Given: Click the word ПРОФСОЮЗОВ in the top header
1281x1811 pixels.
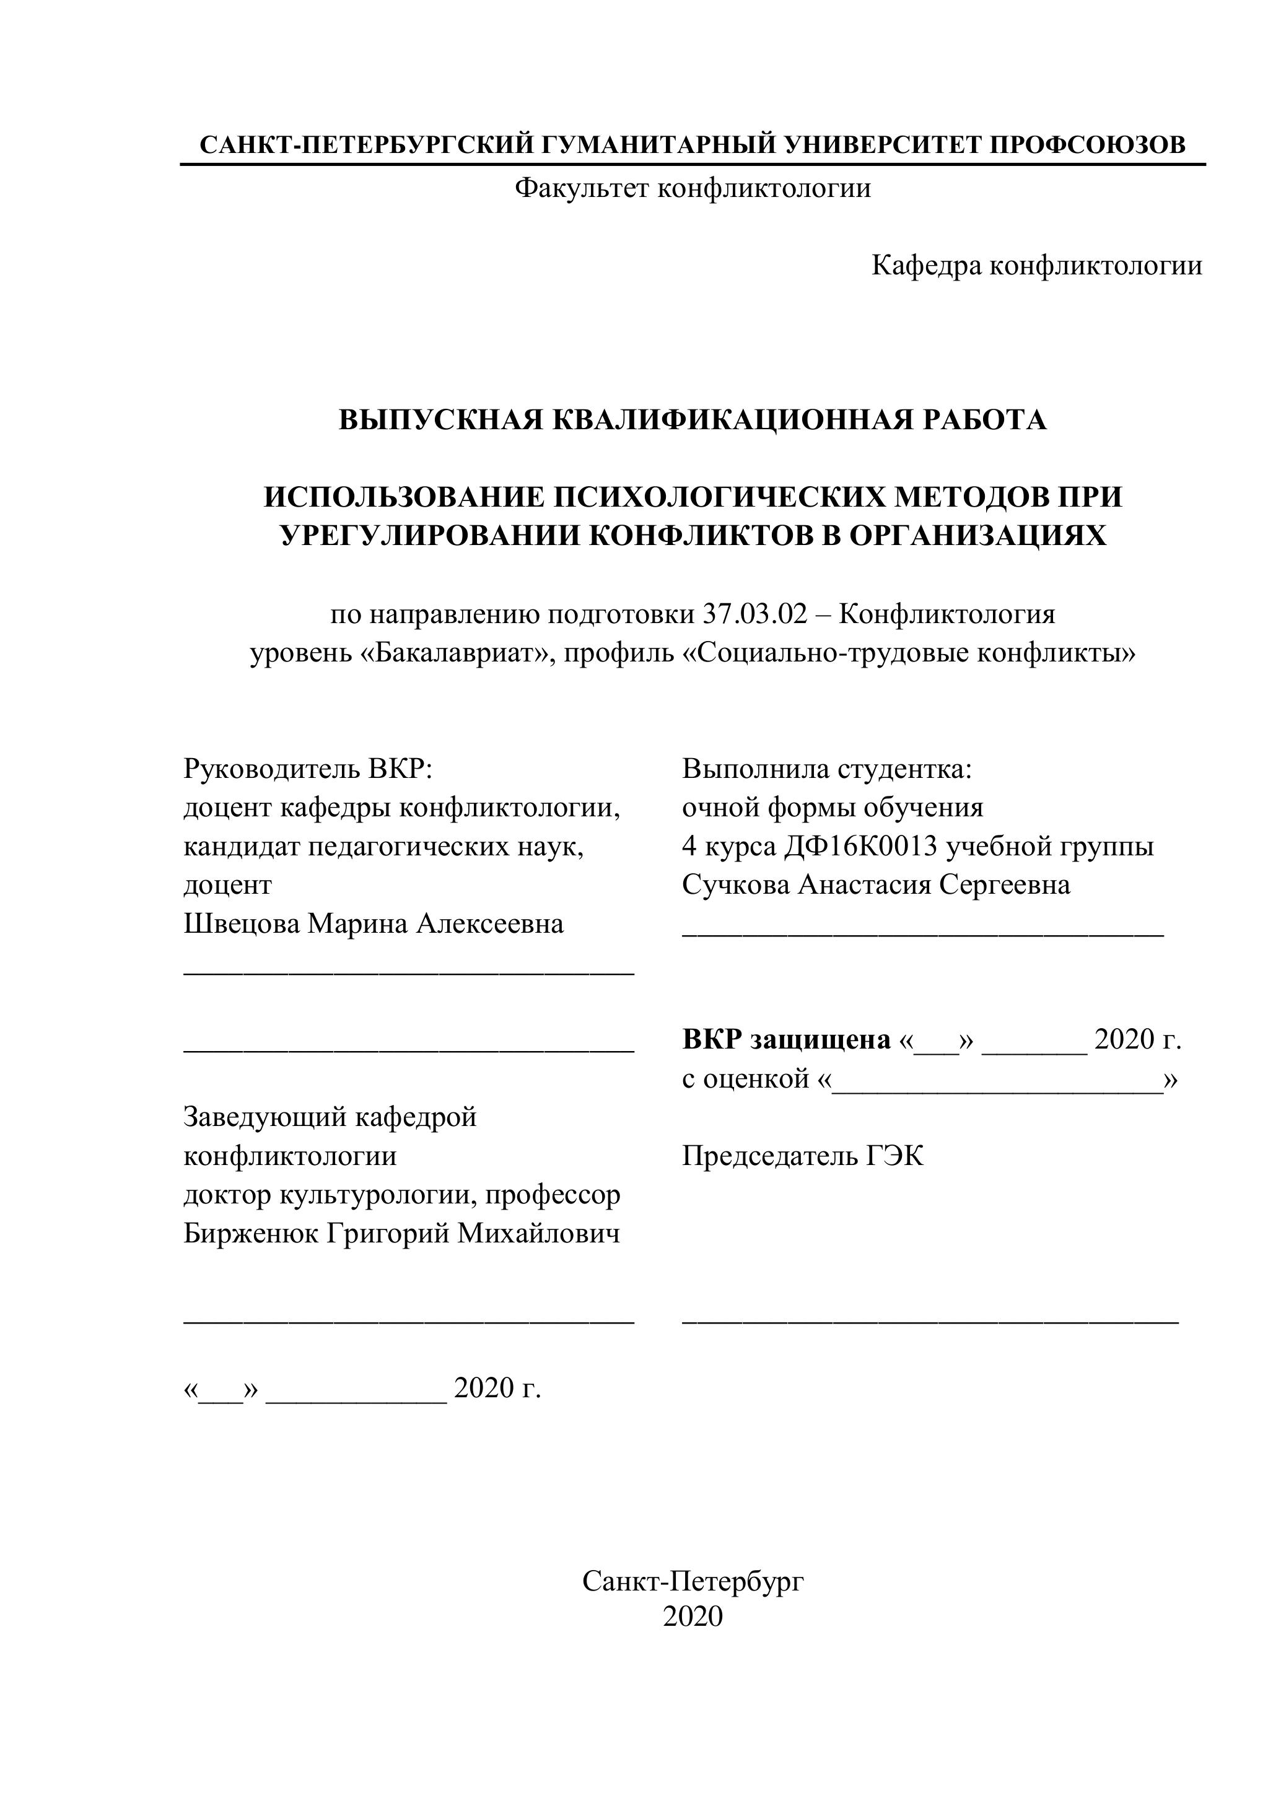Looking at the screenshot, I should click(x=1087, y=145).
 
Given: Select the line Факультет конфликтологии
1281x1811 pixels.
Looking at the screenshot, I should click(x=693, y=188).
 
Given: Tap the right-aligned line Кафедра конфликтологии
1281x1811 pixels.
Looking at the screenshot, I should click(x=1036, y=266).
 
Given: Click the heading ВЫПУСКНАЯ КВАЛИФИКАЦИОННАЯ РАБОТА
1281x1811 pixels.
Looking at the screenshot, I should click(x=693, y=420).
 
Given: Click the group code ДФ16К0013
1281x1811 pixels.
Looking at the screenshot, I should click(x=860, y=845).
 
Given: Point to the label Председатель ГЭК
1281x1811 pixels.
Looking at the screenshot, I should click(x=803, y=1156).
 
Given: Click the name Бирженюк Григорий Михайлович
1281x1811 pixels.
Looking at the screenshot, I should click(x=401, y=1233).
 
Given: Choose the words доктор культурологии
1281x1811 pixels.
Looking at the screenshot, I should click(x=327, y=1195).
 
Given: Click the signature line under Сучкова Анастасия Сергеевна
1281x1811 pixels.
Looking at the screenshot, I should click(x=923, y=935).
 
